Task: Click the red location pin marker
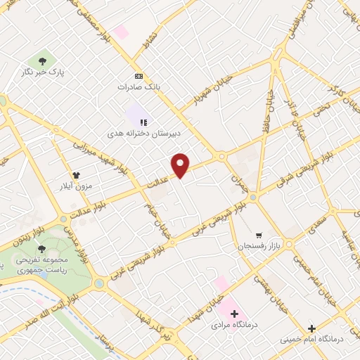click(x=181, y=165)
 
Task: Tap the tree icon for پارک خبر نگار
click(x=44, y=60)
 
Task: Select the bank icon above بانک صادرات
click(x=139, y=77)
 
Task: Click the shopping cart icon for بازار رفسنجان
click(x=259, y=235)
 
